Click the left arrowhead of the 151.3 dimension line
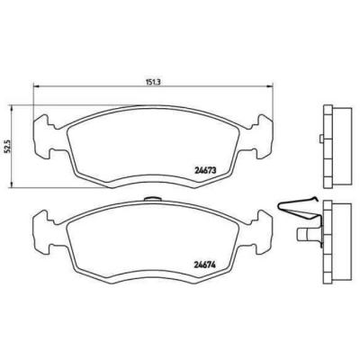click(x=35, y=86)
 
